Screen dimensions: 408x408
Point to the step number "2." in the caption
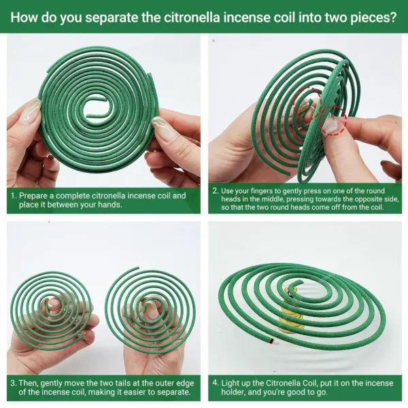point(216,191)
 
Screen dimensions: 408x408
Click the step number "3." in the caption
point(14,383)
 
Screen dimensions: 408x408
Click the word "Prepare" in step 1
point(38,195)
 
